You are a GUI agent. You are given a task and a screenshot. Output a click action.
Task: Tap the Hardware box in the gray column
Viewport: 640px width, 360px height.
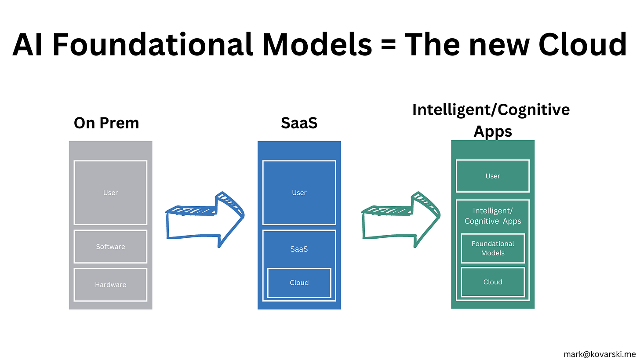[110, 285]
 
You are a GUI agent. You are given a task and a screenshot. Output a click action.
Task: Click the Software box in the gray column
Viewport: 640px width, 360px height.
[110, 247]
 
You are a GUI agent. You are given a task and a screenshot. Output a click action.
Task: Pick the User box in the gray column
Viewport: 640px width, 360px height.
[110, 193]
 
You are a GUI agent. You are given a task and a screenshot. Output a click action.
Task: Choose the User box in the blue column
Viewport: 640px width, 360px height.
[299, 193]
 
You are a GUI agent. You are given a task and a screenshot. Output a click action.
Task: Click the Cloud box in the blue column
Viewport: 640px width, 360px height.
[299, 283]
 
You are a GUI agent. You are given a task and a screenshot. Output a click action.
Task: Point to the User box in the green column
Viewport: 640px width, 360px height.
[493, 176]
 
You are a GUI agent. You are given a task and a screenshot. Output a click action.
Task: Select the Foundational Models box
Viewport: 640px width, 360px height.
[493, 248]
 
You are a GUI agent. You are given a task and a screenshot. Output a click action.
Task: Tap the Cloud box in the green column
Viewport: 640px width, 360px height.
[493, 282]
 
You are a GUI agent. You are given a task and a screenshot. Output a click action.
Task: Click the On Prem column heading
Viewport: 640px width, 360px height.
[106, 123]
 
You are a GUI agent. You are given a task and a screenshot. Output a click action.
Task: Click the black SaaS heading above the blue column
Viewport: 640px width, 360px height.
[299, 123]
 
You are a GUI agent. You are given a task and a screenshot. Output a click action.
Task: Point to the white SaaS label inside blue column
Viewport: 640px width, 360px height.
[299, 249]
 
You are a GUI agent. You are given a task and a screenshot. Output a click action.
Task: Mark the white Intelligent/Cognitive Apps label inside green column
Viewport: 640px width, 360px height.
[493, 216]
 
